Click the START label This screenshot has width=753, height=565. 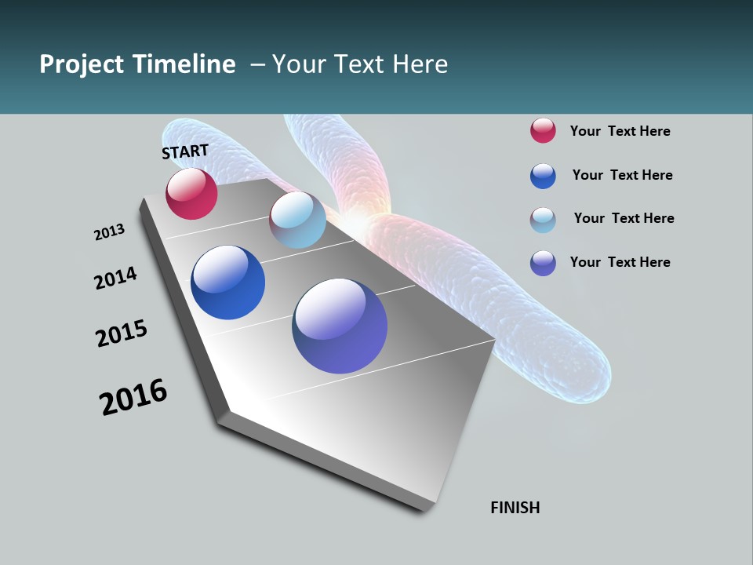185,151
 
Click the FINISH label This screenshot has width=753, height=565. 515,508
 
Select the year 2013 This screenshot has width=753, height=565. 109,232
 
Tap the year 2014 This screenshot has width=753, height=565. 115,279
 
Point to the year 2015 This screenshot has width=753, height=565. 122,334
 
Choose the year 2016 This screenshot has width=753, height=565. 133,397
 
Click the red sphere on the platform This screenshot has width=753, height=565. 191,194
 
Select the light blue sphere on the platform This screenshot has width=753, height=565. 297,220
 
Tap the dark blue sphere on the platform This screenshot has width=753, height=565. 227,282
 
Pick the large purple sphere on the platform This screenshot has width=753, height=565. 340,326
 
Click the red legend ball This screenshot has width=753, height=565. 543,130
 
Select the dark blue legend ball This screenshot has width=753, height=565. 543,176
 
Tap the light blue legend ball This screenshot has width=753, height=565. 543,220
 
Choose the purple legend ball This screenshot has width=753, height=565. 543,263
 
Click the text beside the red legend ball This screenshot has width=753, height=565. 620,131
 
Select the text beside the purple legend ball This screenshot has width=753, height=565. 620,262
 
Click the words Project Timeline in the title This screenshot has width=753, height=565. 137,64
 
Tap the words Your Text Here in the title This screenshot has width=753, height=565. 359,64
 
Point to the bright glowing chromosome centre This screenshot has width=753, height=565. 362,221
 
